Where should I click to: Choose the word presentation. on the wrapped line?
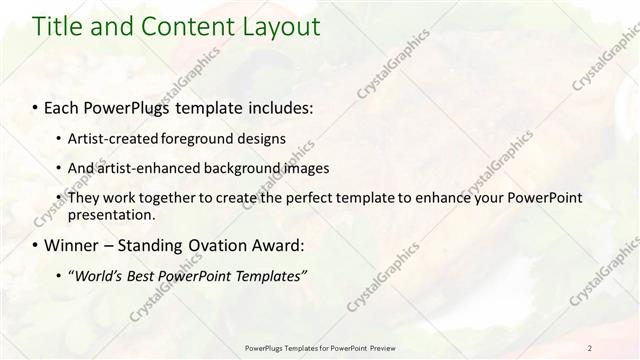[111, 215]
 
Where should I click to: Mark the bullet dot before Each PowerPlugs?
[37, 107]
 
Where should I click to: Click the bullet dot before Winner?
[37, 245]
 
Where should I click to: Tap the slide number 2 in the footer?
[589, 348]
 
